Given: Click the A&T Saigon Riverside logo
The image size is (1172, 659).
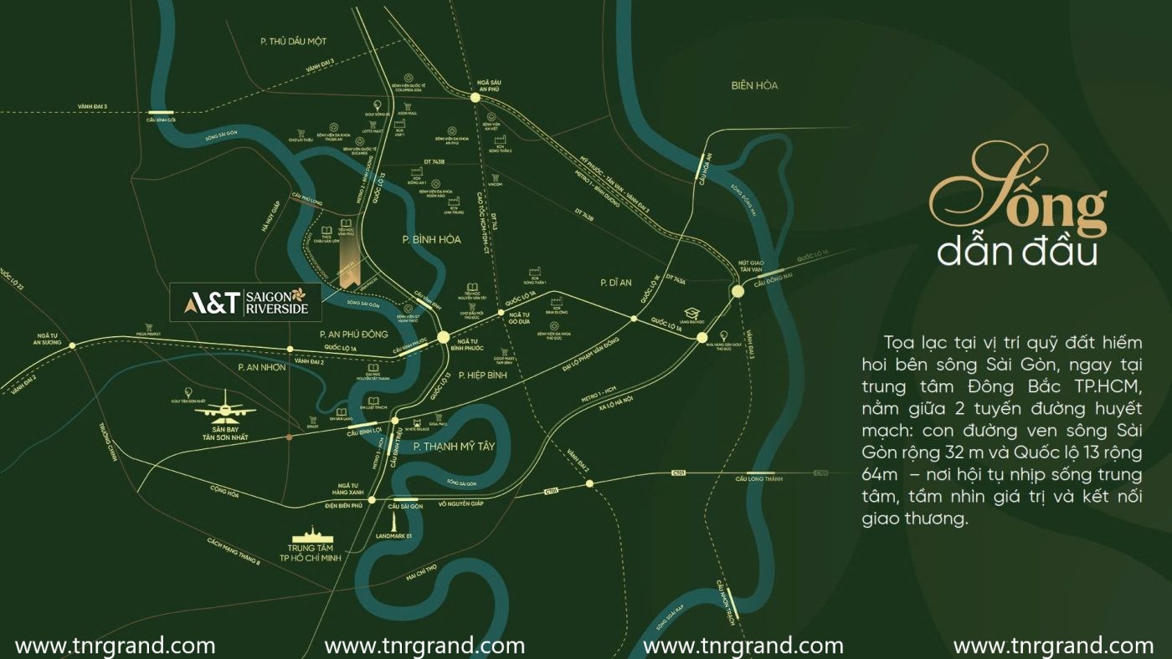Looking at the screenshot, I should [245, 302].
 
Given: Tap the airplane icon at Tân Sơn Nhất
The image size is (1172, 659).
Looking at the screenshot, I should [226, 407].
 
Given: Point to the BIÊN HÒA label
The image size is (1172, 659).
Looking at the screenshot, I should [753, 85].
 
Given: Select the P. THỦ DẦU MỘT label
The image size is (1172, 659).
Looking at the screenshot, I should [292, 41].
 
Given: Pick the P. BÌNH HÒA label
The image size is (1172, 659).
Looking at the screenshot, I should [431, 239].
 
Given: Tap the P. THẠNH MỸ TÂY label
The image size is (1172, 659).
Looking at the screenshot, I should [455, 447].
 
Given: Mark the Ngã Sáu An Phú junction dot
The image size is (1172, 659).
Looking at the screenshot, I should [475, 98].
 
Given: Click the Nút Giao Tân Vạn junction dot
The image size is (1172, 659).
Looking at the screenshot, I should [738, 291].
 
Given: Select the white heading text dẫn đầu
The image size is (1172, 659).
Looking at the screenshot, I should [1016, 252].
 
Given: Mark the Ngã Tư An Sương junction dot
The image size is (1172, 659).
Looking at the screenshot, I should [72, 345].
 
